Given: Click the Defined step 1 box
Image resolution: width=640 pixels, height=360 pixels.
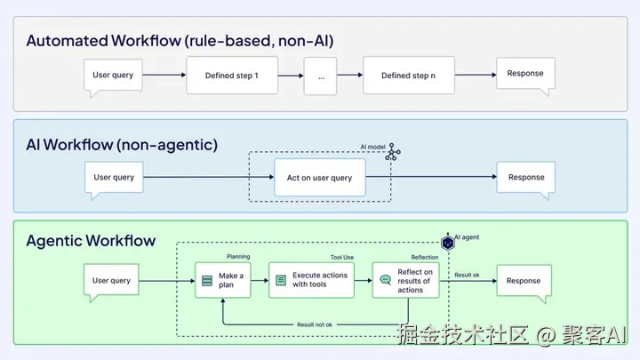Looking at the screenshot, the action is [232, 76].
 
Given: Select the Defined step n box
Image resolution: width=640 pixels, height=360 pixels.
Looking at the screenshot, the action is [409, 76].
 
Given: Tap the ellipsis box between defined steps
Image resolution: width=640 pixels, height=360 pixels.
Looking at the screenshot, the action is [320, 76].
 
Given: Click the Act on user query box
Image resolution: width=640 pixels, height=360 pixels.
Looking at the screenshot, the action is [320, 178].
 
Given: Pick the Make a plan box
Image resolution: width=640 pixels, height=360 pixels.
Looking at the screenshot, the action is [223, 280].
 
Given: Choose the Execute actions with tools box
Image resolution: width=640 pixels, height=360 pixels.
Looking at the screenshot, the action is [311, 280].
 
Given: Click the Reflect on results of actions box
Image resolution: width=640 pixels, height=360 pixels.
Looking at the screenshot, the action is [405, 280].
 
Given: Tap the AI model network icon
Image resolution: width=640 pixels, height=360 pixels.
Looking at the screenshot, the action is [393, 152].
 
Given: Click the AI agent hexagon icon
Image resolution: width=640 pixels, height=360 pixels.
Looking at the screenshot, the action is [448, 243].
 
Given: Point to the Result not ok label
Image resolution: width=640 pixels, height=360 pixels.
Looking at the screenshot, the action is [315, 325].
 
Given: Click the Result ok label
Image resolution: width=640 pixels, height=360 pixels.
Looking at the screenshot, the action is [467, 275].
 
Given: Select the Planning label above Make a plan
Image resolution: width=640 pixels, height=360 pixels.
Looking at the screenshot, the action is [238, 257].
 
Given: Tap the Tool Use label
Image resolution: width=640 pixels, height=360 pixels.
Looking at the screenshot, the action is [342, 258].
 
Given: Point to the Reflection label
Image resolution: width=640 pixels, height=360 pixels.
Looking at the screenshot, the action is [425, 258].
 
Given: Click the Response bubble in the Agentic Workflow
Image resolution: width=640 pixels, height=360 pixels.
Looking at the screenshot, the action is [524, 282].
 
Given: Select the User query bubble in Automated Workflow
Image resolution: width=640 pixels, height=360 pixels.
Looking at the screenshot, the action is [113, 76].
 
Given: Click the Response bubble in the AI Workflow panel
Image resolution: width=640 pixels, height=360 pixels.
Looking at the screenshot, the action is [526, 178].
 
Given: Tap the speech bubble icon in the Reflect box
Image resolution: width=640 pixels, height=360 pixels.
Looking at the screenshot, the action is [385, 280].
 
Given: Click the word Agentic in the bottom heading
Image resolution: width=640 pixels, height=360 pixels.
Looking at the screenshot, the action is [52, 241].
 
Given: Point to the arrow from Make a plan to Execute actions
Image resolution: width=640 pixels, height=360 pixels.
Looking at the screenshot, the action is [260, 280].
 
